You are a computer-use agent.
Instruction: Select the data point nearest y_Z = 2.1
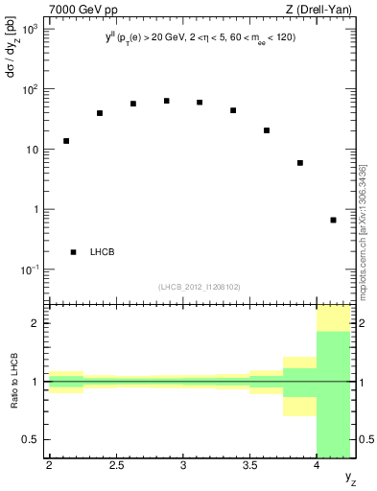tap(66, 141)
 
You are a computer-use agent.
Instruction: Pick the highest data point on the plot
tap(166, 101)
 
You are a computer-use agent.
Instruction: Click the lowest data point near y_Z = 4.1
tap(333, 220)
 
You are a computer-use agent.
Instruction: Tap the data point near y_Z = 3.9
tap(300, 163)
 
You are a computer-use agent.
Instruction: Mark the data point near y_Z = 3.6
tap(267, 130)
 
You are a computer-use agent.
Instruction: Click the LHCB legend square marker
tap(74, 252)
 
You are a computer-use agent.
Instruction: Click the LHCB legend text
tap(103, 252)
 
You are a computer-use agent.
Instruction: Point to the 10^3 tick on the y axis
tap(33, 31)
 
